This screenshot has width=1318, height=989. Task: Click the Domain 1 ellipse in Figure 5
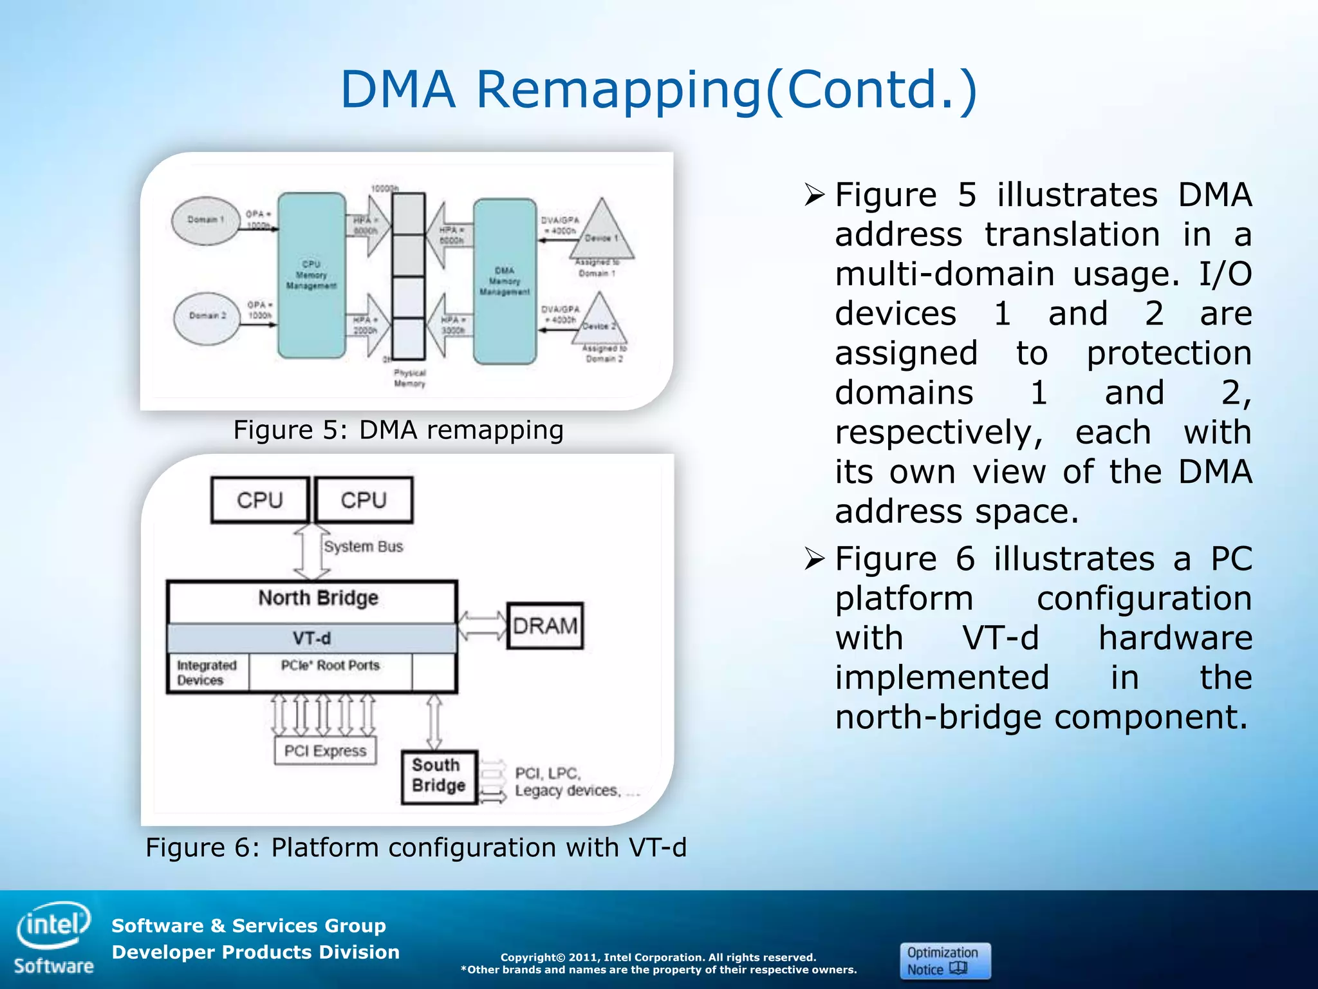[206, 220]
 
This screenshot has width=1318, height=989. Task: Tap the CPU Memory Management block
[311, 275]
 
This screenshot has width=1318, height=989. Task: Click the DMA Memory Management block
[505, 281]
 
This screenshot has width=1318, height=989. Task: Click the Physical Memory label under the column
[409, 378]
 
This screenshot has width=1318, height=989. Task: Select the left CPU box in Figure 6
[260, 500]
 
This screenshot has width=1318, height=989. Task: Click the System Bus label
[364, 547]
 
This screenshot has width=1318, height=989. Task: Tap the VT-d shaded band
[311, 638]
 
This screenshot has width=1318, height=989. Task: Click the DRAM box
[545, 626]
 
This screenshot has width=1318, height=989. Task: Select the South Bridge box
[439, 776]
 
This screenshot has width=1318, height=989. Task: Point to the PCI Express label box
[325, 751]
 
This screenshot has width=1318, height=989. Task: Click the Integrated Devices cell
[207, 673]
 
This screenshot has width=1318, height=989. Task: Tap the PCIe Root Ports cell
[330, 672]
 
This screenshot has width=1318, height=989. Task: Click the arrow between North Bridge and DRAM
[482, 625]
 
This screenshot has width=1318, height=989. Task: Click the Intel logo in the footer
[54, 926]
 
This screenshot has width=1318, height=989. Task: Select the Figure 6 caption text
[416, 847]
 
